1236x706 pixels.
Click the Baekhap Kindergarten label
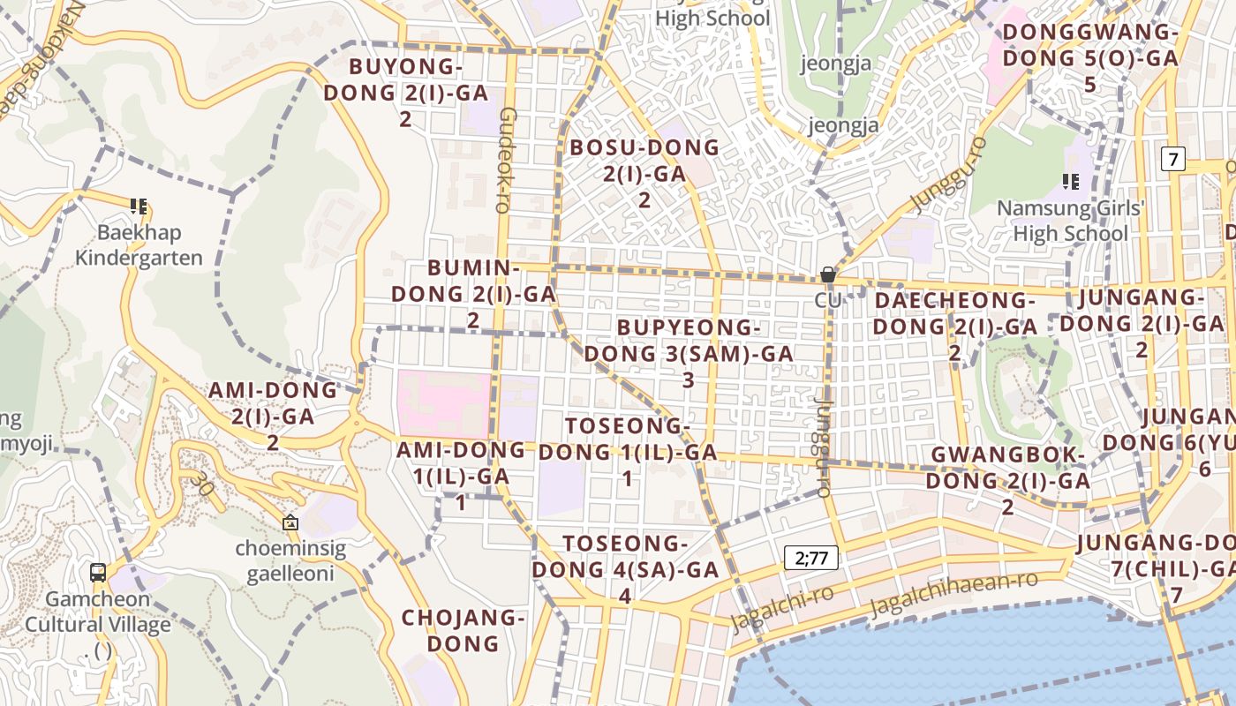pos(139,245)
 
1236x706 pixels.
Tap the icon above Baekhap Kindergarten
pos(139,207)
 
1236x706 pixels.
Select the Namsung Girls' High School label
pos(1070,221)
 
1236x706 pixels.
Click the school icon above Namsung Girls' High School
pos(1070,182)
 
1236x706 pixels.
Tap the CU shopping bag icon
pos(827,275)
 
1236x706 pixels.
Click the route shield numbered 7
pos(1172,160)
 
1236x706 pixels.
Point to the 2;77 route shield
pos(811,558)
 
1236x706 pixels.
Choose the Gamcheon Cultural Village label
pos(97,612)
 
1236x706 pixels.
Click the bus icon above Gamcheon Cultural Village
pos(98,572)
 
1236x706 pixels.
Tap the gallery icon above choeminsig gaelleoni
pos(290,522)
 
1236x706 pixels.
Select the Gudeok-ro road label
pos(506,161)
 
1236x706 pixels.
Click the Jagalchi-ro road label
pos(781,608)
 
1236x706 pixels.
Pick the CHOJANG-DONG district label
pos(463,630)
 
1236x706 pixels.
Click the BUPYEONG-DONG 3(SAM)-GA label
pos(689,353)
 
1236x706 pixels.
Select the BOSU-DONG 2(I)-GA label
pos(644,172)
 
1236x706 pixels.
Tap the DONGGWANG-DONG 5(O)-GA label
pos(1090,58)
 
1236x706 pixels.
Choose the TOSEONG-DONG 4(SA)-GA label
pos(625,569)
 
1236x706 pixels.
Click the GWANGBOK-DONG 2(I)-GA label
pos(1007,480)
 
